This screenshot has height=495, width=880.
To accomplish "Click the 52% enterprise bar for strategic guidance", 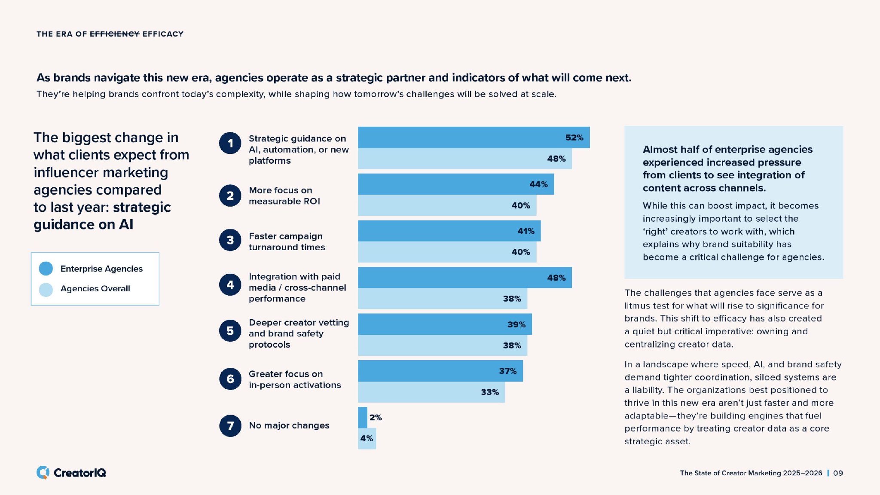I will click(x=473, y=137).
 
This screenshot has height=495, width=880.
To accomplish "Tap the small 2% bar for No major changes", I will click(x=363, y=417).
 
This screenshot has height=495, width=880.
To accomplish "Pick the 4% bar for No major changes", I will click(x=367, y=439).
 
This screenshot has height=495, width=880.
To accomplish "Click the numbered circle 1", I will click(x=230, y=143).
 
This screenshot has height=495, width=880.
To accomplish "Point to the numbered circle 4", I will click(x=230, y=284).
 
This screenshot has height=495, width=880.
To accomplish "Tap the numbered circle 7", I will click(x=230, y=425).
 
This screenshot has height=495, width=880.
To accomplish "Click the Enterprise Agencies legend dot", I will click(x=46, y=269).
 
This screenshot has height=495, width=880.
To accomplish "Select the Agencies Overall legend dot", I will click(x=46, y=289).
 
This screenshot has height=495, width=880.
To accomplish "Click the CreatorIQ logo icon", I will click(x=43, y=472).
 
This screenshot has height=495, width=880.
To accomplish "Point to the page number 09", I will click(x=838, y=473).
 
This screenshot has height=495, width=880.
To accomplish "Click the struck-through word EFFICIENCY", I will click(x=115, y=34).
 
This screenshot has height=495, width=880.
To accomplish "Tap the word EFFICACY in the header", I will click(x=163, y=34).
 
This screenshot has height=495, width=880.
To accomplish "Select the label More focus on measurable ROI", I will click(x=284, y=196).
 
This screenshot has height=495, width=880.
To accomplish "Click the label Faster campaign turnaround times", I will click(x=287, y=241).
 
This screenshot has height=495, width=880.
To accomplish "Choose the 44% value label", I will click(x=538, y=184).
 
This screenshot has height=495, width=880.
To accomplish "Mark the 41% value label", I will click(x=526, y=231).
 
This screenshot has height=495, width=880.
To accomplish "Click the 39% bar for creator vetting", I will click(x=445, y=324).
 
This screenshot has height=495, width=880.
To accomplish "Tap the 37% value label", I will click(x=507, y=371).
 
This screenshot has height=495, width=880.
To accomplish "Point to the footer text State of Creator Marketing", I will click(x=751, y=473).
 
